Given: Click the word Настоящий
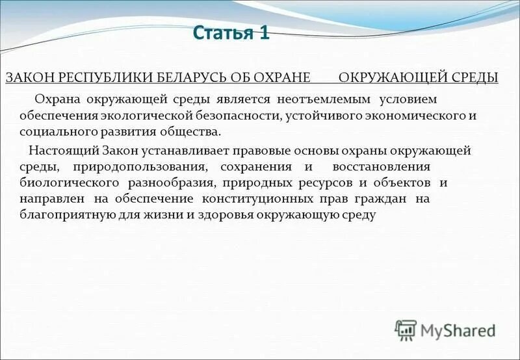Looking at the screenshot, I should [62, 150].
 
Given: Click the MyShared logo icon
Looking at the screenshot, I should [406, 330].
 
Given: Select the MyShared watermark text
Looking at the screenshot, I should [458, 331].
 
